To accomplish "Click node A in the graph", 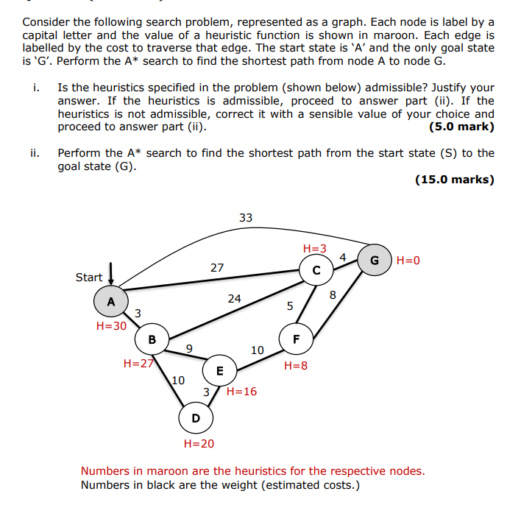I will click(x=110, y=301).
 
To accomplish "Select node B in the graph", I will click(x=152, y=339).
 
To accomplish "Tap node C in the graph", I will click(x=316, y=270).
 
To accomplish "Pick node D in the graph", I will click(x=195, y=418).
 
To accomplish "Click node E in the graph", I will click(x=219, y=370).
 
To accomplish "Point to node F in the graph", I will click(x=296, y=339).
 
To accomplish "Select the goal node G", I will click(x=375, y=260).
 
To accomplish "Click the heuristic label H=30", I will click(x=111, y=325).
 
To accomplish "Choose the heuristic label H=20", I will click(x=199, y=443).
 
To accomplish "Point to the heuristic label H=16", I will click(x=242, y=392).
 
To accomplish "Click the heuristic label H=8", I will click(x=295, y=365).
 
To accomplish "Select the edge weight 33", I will click(x=246, y=217).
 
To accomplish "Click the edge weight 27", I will click(x=217, y=268).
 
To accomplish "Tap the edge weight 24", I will click(x=234, y=299).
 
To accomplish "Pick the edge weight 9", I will click(x=189, y=349).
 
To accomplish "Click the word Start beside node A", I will click(x=89, y=278).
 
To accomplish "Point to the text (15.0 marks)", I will click(x=455, y=179).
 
